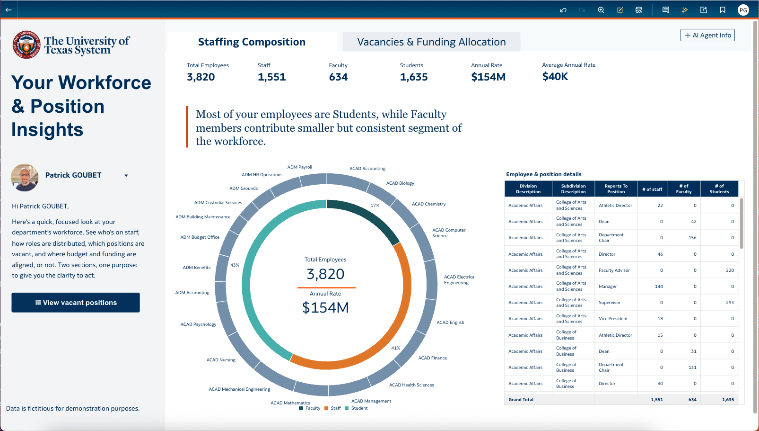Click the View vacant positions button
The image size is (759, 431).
point(76,303)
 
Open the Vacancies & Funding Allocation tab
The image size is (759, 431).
point(431,42)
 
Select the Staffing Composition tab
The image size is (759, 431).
point(252,42)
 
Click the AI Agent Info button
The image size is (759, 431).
point(707,35)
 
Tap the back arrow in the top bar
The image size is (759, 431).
point(9,9)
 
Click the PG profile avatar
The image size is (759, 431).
point(743,10)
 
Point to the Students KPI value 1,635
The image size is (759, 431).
point(414,77)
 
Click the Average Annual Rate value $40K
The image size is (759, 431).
point(555,77)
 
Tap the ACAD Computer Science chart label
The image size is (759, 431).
point(448,233)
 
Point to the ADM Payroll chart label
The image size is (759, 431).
point(300,167)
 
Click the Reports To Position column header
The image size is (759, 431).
point(616,189)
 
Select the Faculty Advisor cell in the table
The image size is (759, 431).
point(614,270)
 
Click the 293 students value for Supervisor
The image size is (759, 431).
point(730,303)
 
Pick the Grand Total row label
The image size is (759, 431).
point(521,400)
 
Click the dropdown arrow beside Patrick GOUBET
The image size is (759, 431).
point(126,176)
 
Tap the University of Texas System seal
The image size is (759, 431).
point(26,45)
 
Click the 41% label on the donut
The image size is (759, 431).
point(396,348)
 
